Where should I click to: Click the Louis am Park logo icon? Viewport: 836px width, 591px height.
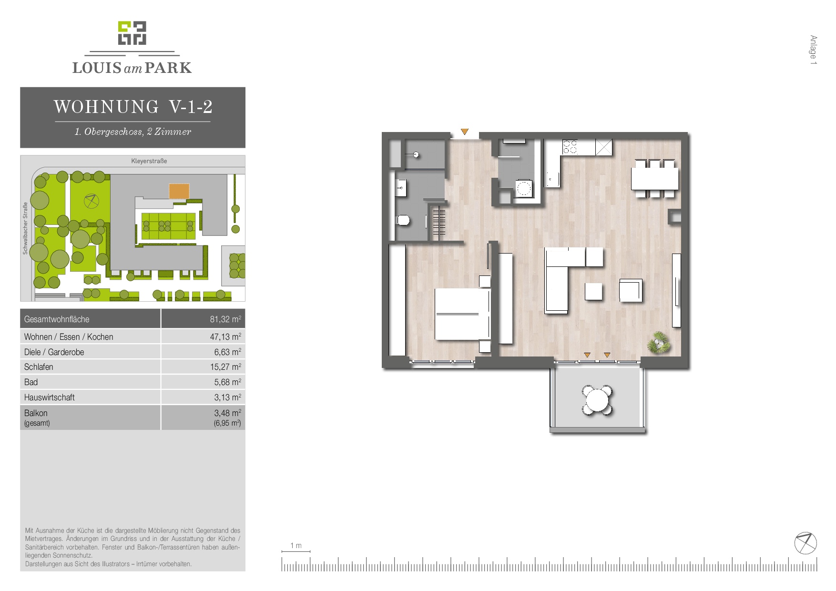click(x=132, y=33)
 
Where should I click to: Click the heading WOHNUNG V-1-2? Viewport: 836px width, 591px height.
click(x=133, y=106)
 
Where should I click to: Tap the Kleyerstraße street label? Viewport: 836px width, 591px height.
click(x=149, y=161)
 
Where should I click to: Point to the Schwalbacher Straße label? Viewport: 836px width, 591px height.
click(x=25, y=228)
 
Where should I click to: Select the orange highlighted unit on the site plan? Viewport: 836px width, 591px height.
click(x=179, y=191)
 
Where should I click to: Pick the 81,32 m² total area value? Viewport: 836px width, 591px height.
click(x=225, y=319)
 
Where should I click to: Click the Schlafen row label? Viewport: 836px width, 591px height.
click(x=39, y=367)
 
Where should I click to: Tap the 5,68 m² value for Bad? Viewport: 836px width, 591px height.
click(x=228, y=382)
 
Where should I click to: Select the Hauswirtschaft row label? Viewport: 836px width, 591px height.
click(x=50, y=397)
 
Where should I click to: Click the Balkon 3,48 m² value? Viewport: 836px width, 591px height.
click(x=228, y=413)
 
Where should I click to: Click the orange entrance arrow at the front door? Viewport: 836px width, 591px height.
click(x=465, y=132)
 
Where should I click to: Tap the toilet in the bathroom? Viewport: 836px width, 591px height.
click(x=403, y=220)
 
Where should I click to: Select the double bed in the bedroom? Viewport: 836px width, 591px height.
click(x=462, y=314)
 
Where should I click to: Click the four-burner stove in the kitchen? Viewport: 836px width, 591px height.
click(x=571, y=147)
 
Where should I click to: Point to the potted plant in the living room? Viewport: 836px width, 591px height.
click(x=659, y=342)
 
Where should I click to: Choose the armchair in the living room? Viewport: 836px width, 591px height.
click(x=631, y=290)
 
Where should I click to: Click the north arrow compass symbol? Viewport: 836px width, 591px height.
click(x=805, y=543)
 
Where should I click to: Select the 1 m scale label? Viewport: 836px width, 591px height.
click(x=296, y=545)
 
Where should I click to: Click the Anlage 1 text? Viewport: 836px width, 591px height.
click(x=813, y=50)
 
